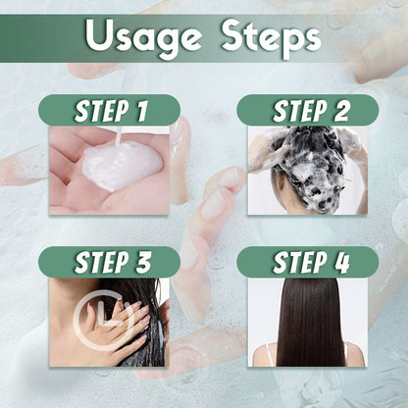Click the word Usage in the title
[141, 37]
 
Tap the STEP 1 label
[109, 110]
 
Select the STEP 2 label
[307, 110]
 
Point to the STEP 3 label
[109, 262]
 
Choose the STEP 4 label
[307, 262]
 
